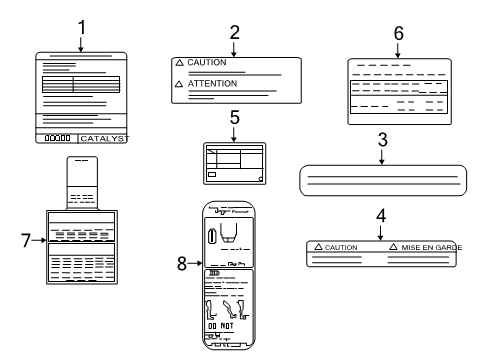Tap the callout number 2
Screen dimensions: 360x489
[234, 31]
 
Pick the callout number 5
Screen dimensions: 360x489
[234, 116]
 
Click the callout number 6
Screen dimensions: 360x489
[398, 32]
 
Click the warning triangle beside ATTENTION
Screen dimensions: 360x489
[180, 84]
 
